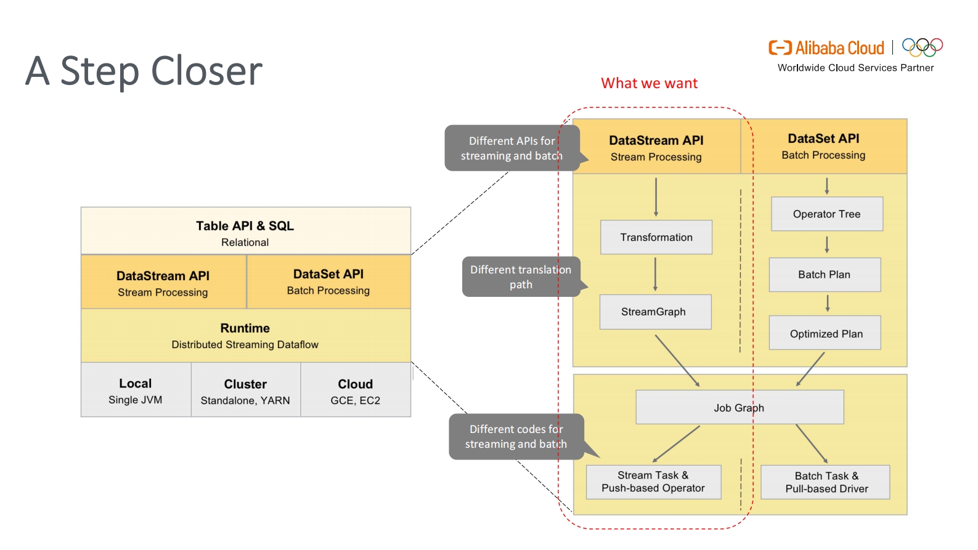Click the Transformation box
tap(656, 237)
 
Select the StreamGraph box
tap(655, 312)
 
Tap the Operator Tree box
tap(826, 214)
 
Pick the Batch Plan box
tap(825, 275)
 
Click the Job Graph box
tap(739, 407)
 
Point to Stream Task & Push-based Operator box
tap(653, 482)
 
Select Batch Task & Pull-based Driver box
tap(825, 482)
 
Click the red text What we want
tap(649, 83)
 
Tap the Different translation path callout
tap(521, 277)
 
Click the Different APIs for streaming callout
tap(511, 148)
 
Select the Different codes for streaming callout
tap(516, 437)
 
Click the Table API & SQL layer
tap(245, 232)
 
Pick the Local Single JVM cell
tap(136, 390)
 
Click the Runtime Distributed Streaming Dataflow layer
tap(245, 336)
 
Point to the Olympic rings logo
tap(922, 47)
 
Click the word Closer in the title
tap(206, 71)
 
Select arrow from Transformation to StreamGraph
tap(655, 274)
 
